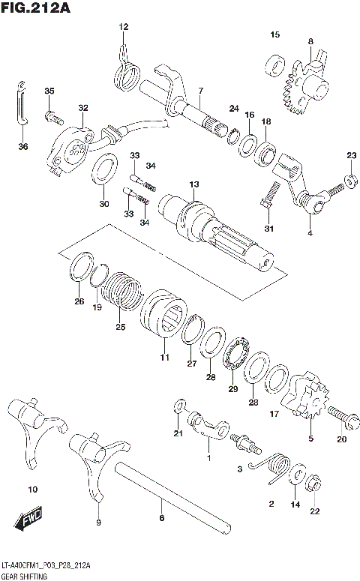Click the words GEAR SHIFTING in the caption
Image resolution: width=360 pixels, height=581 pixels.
pos(25,575)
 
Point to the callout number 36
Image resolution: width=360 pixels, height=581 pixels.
pos(22,146)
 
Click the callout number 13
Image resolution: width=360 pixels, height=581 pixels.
pos(193,184)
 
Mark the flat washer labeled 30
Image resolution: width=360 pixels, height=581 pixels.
pos(103,169)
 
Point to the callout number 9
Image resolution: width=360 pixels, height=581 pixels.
pos(97,522)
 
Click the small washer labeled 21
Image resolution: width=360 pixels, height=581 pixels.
pos(177,407)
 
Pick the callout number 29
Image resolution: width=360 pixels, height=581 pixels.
pos(232,388)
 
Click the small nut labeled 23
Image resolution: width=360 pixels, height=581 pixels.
pos(350,180)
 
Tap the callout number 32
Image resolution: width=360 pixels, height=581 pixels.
pos(82,107)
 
